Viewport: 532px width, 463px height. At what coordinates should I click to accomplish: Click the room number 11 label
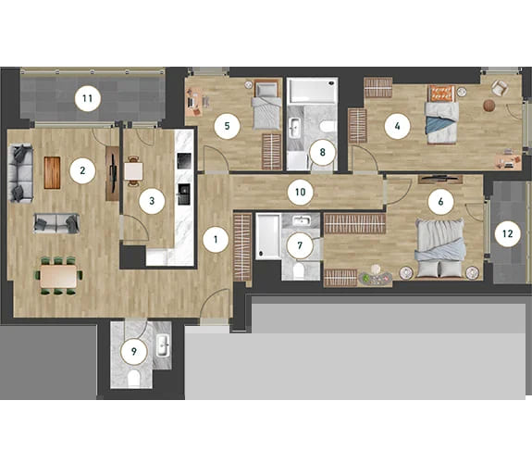tap(88, 98)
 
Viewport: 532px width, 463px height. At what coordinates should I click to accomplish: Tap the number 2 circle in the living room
tap(82, 170)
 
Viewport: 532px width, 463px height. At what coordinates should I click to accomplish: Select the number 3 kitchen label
tap(152, 201)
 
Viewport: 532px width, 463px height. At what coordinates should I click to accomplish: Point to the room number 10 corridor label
tap(301, 193)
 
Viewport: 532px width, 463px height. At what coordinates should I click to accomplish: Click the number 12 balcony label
tap(508, 233)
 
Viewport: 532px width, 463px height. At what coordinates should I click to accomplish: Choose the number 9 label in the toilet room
tap(134, 351)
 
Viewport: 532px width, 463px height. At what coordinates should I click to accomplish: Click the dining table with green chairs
tap(58, 276)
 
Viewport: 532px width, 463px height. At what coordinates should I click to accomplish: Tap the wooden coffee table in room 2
tap(52, 172)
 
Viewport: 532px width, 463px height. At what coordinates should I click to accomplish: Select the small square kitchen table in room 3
tap(133, 171)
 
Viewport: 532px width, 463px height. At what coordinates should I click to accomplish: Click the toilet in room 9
tap(134, 378)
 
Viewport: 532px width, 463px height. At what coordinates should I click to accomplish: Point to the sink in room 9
tap(163, 345)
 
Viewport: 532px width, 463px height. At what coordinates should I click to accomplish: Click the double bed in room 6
tap(440, 249)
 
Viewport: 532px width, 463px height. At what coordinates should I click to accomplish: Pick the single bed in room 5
tap(267, 104)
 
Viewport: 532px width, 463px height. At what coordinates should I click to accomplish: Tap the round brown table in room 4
tap(489, 106)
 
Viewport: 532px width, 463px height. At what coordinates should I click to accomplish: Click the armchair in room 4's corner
tap(500, 88)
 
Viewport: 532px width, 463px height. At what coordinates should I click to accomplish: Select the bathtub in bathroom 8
tap(313, 91)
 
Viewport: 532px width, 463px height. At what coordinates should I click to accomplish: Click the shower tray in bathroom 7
tap(268, 236)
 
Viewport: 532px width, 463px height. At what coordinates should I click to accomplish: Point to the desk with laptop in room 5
tap(194, 102)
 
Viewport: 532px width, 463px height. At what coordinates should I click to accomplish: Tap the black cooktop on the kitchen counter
tap(184, 161)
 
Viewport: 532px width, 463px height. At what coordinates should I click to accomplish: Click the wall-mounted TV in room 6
tap(440, 176)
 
